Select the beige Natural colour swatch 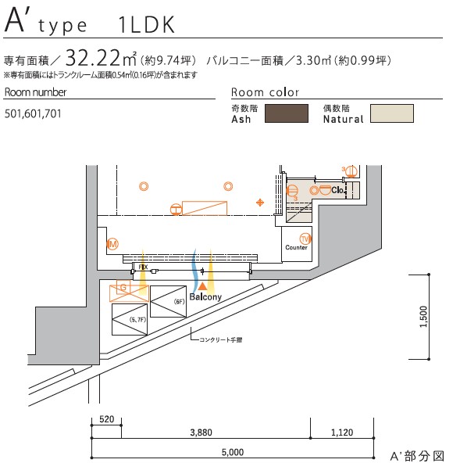[x=391, y=114]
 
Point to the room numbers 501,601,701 [x=32, y=114]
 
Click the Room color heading [x=266, y=92]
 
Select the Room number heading [x=35, y=92]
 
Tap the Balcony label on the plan [x=205, y=297]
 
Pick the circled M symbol [x=112, y=245]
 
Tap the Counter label [x=297, y=248]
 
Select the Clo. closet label [x=337, y=190]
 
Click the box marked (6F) [x=169, y=302]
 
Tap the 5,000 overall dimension [x=232, y=452]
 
